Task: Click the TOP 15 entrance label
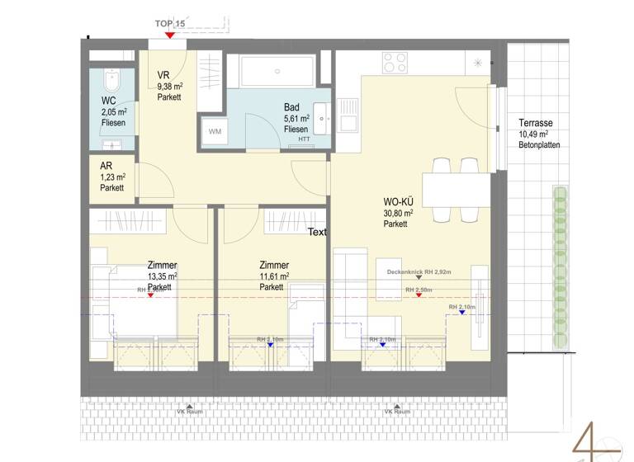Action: tap(169, 24)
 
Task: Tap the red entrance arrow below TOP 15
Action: tap(169, 35)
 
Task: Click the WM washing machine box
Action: tap(215, 132)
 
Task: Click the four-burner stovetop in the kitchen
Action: tap(395, 63)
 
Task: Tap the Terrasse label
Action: tap(536, 123)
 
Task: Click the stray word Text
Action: tap(317, 233)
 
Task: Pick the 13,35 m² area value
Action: tap(163, 276)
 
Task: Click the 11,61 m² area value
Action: tap(274, 276)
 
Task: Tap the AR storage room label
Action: tap(106, 165)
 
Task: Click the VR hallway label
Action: tap(163, 73)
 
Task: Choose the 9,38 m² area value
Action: tap(169, 85)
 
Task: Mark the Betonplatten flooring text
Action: tap(539, 144)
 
